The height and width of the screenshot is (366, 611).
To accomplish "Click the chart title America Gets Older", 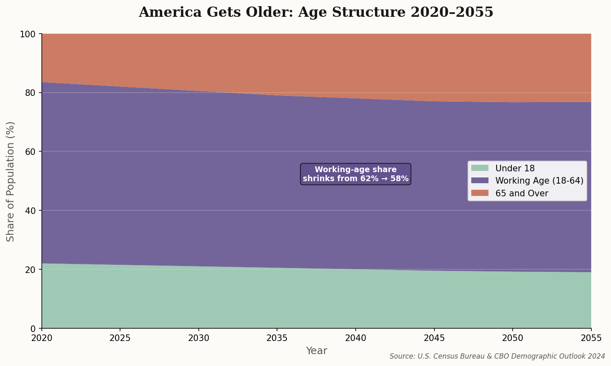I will tap(316, 12).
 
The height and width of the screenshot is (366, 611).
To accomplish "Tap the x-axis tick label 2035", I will tap(277, 338).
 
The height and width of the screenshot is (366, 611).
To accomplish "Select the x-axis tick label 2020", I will tap(42, 338).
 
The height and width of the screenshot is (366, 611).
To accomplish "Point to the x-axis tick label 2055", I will tap(591, 338).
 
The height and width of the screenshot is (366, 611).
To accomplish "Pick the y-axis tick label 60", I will tap(31, 152).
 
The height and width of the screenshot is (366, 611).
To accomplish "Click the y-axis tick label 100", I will tap(28, 34).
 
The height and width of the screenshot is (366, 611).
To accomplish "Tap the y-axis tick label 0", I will tap(34, 328).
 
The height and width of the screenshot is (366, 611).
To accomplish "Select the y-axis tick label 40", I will tap(31, 211).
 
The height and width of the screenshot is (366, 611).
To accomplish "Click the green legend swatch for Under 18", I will tap(480, 168).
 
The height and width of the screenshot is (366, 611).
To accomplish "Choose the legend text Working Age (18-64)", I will tap(539, 181).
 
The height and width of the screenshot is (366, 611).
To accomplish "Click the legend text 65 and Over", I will tap(522, 193).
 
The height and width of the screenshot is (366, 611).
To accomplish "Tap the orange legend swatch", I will tap(480, 193).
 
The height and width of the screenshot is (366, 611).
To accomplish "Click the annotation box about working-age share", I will tap(355, 174).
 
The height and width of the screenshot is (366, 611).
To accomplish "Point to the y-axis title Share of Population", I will tap(11, 181).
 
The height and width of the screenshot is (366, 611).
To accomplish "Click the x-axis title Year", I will tap(316, 351).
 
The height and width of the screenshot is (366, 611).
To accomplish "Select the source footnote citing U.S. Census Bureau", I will tap(497, 356).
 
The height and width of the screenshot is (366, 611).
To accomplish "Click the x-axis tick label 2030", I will tap(199, 338).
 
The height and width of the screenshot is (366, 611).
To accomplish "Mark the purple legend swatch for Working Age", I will tap(480, 180).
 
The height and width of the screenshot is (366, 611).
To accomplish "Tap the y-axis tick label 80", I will tap(31, 93).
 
